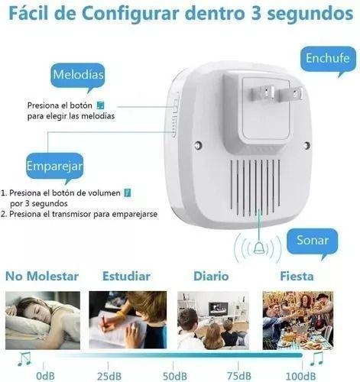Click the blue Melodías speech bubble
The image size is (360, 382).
(78, 76)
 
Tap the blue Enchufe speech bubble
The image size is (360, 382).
(327, 59)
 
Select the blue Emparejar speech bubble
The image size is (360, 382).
(54, 165)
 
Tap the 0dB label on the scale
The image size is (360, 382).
(46, 374)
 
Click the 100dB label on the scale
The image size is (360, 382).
(299, 374)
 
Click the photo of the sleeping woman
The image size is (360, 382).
(43, 319)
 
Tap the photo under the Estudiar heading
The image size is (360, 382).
(128, 319)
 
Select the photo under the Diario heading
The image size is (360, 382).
(212, 319)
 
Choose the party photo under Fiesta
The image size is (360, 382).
(297, 319)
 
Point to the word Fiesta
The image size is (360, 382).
(296, 276)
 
